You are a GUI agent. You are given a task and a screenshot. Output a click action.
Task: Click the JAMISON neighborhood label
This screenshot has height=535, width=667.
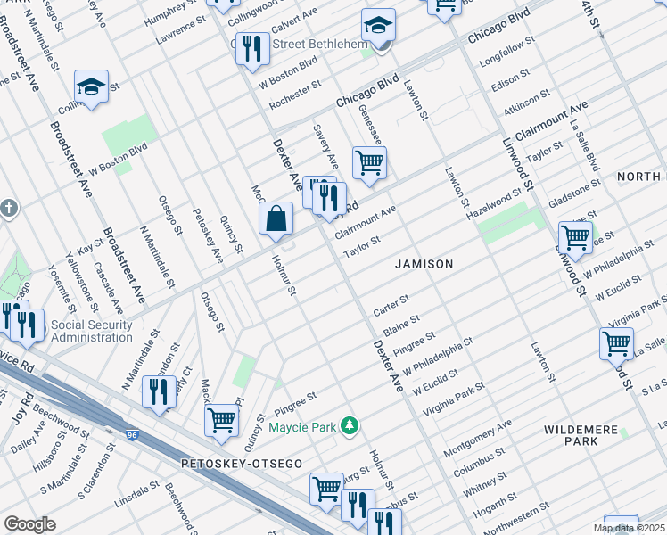[x=425, y=264]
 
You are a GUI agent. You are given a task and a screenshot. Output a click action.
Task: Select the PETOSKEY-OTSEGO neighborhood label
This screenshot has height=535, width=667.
[x=241, y=464]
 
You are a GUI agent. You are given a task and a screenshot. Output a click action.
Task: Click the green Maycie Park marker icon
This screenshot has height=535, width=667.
[x=353, y=426]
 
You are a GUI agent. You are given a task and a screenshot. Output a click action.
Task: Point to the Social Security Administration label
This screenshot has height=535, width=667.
[x=92, y=331]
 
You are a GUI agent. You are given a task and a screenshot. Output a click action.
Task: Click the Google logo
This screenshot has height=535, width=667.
[x=29, y=524]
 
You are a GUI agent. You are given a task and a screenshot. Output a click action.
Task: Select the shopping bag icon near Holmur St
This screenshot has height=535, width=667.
[x=276, y=218]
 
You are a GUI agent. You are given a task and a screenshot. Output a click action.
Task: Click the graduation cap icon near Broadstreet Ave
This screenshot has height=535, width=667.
[x=91, y=86]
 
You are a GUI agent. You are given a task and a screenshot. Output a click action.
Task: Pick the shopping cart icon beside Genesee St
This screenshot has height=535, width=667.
[x=369, y=164]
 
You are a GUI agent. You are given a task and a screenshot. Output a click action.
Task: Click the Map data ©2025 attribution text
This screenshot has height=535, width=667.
[x=628, y=528]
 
